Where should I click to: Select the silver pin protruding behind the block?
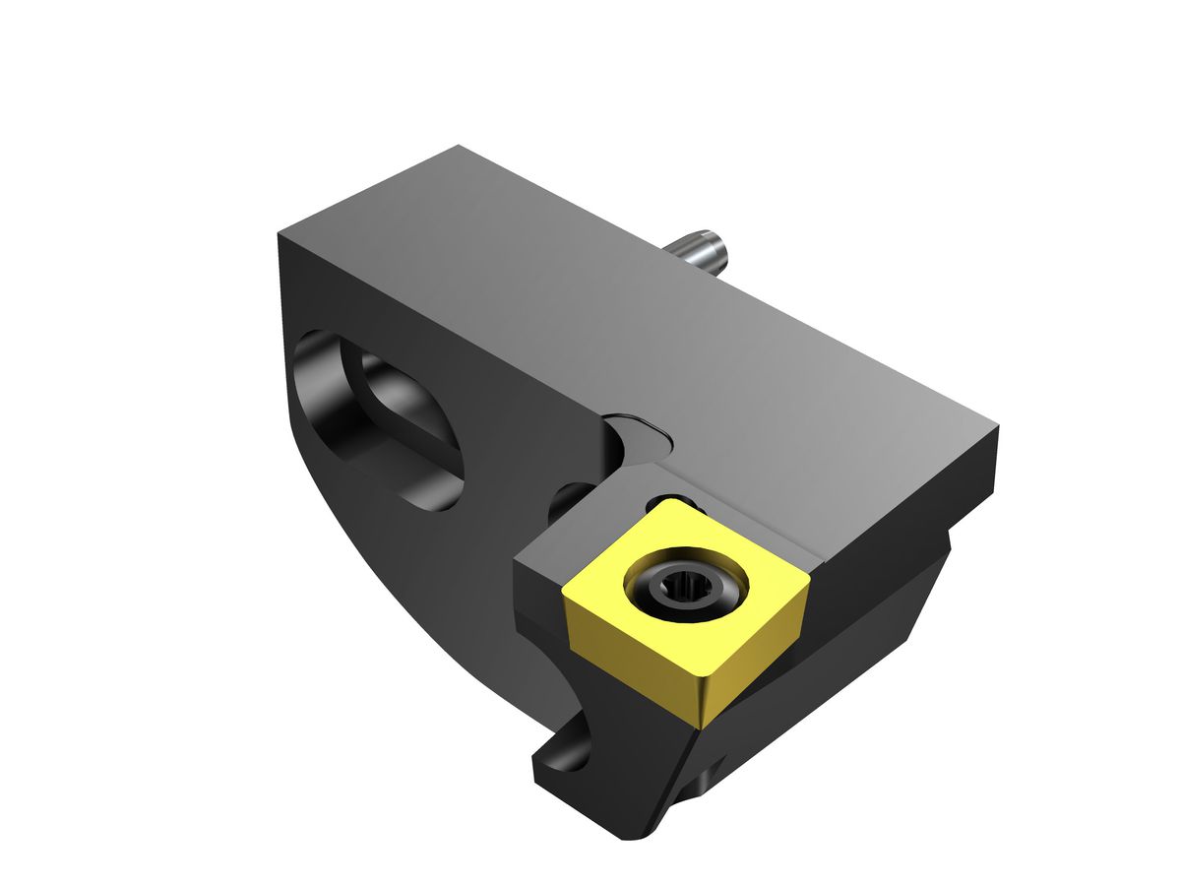[701, 250]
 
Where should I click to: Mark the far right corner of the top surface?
[998, 429]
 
